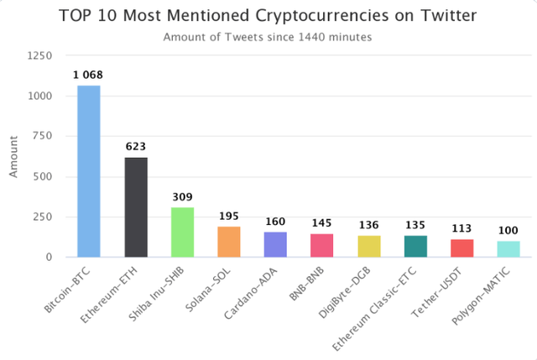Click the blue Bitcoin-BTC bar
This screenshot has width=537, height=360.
[89, 171]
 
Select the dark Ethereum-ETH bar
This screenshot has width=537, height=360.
[136, 207]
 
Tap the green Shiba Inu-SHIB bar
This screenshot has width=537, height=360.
[182, 232]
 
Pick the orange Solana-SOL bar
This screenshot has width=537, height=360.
[229, 242]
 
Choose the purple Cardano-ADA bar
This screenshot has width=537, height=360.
[275, 244]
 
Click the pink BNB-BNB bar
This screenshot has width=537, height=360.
[322, 245]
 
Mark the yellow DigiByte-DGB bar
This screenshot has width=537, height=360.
[369, 246]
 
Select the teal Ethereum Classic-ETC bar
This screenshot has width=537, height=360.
[415, 246]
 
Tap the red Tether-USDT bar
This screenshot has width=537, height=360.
[462, 248]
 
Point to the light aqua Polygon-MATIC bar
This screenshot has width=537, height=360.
[508, 249]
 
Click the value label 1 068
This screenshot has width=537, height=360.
[89, 76]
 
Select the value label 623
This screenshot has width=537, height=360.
[136, 147]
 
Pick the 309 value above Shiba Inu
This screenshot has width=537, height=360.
[182, 197]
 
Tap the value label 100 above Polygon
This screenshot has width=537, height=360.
[508, 231]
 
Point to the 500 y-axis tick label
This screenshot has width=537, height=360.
[44, 177]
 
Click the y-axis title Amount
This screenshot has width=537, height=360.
[13, 157]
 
